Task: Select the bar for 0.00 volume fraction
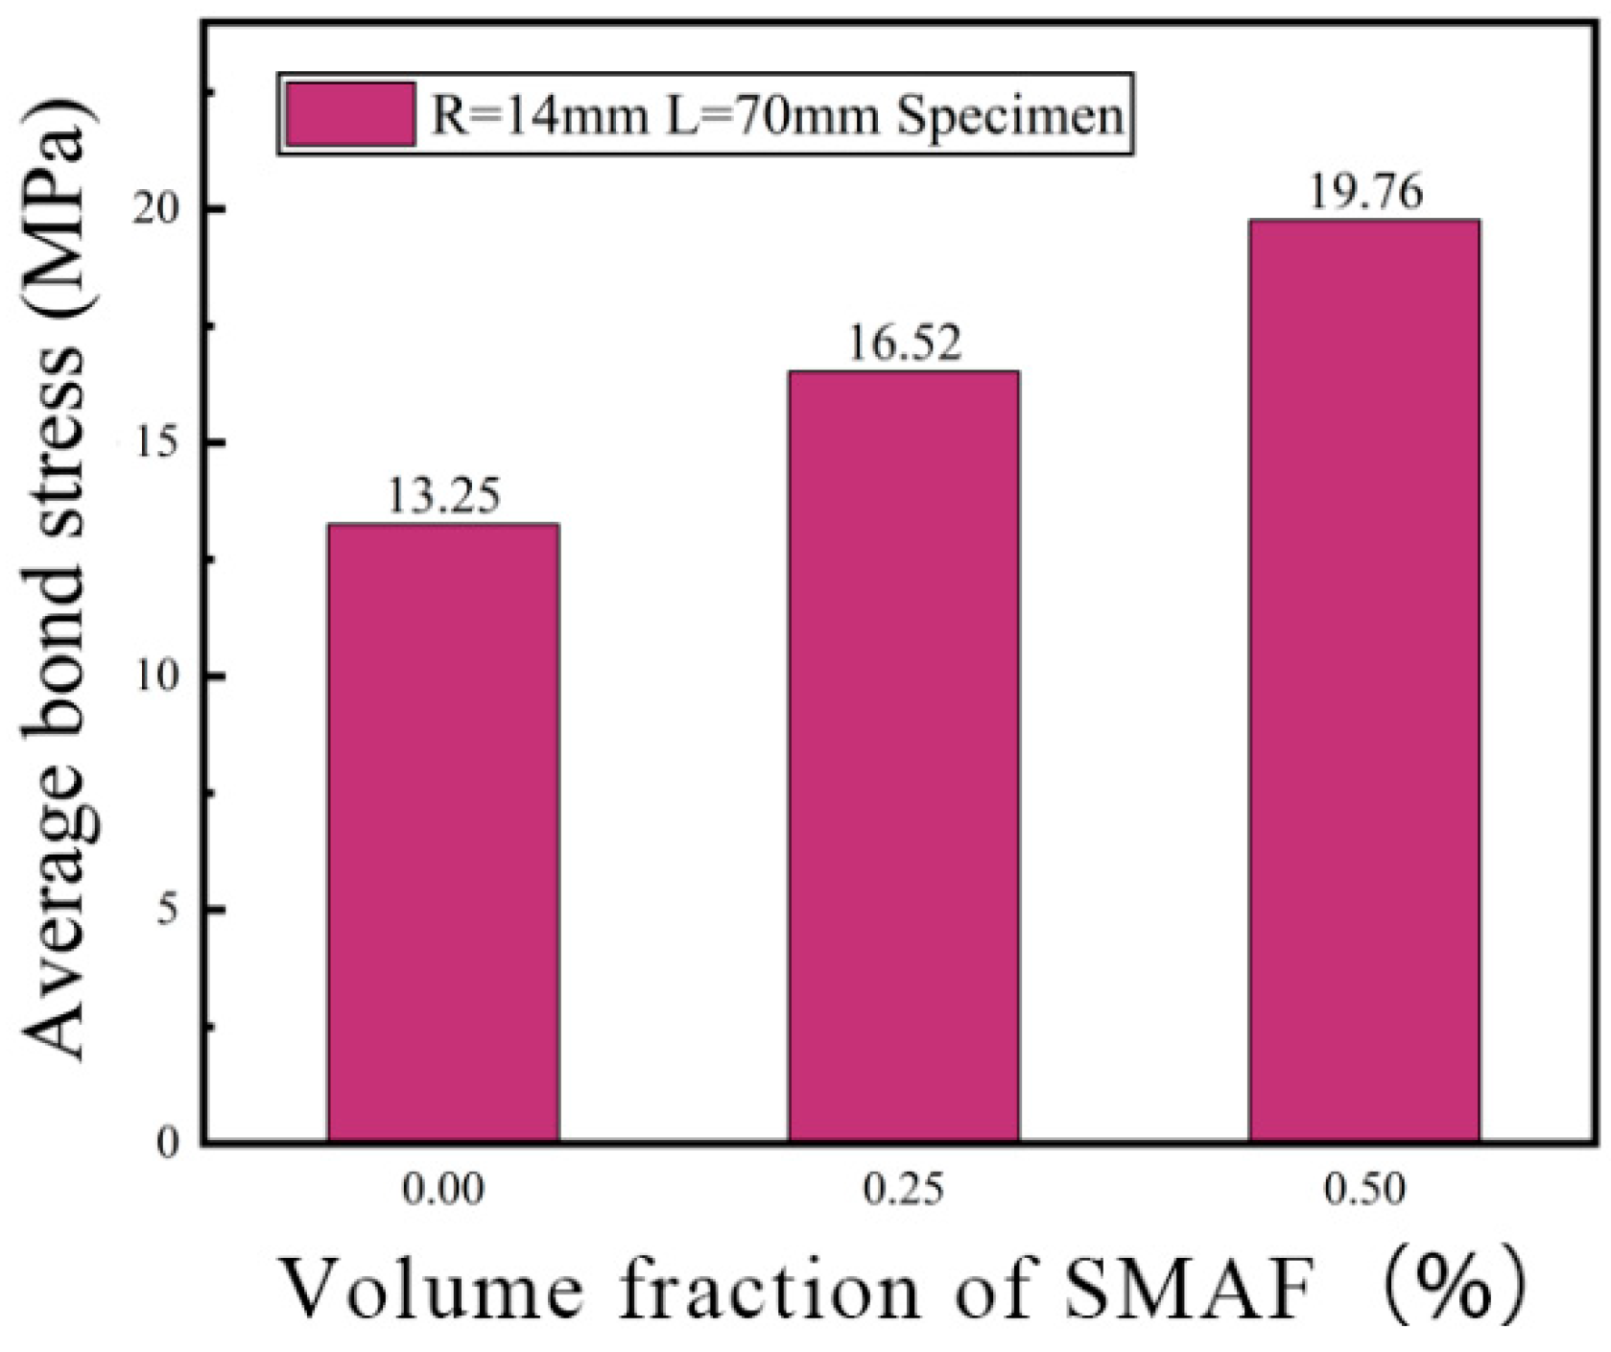(443, 833)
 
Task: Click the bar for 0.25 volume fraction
(903, 756)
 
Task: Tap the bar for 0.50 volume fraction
(1363, 680)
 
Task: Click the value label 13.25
(443, 497)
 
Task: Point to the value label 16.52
(903, 344)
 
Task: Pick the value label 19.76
(1363, 193)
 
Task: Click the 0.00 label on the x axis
(443, 1191)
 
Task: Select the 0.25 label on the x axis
(903, 1191)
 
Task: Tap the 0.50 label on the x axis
(1363, 1191)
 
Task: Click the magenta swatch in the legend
(350, 114)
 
